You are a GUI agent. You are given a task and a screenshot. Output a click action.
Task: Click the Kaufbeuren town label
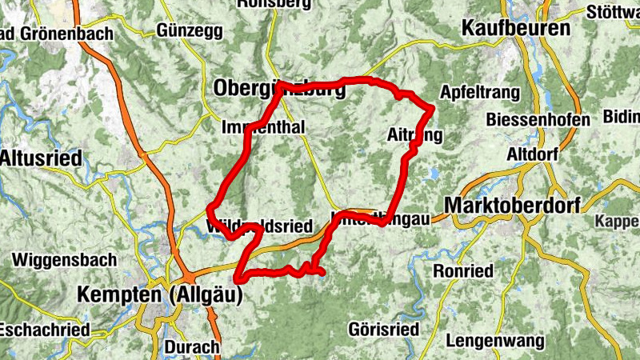pos(516,29)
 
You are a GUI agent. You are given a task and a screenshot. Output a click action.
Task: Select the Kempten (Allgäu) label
pos(159,294)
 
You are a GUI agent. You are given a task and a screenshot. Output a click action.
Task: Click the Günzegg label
pos(189,30)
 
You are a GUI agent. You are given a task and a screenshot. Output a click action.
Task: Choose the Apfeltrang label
pos(480,90)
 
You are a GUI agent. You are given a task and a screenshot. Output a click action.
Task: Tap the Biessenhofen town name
pos(538,120)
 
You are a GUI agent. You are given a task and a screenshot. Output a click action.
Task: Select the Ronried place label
pos(463,271)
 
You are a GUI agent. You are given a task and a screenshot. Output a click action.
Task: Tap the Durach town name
pos(191,346)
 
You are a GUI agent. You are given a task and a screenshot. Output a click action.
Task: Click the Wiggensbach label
pos(65,260)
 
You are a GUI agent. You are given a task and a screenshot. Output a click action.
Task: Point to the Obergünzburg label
pos(279,90)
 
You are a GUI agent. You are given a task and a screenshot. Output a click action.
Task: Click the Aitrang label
pos(414,134)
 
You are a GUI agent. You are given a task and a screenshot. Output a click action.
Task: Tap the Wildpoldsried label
pos(258,227)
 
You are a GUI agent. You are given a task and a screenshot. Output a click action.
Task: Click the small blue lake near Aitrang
pos(434,172)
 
